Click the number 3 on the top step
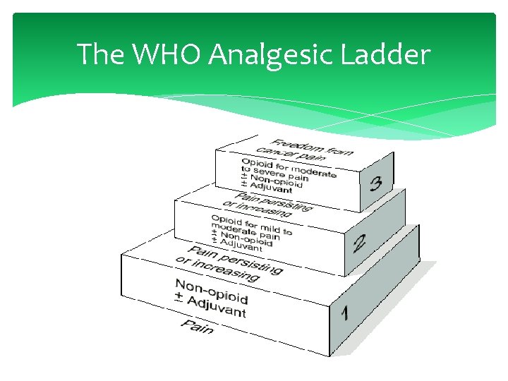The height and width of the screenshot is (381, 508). [376, 185]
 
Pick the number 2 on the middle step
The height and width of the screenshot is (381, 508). [360, 244]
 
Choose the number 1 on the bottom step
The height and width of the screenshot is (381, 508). [344, 312]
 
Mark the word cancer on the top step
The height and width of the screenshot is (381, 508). [271, 150]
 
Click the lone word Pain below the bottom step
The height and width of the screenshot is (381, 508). [197, 326]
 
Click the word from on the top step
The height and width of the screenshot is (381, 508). [338, 151]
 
